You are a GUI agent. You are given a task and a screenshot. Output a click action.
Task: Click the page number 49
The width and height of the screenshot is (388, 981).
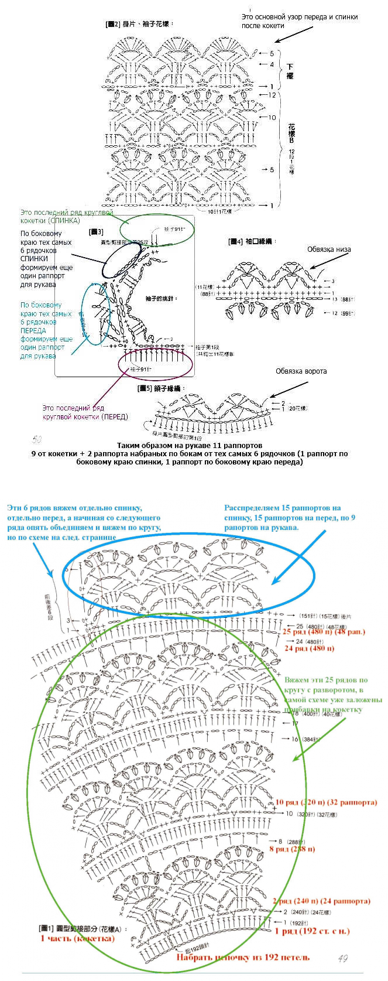pyautogui.click(x=342, y=958)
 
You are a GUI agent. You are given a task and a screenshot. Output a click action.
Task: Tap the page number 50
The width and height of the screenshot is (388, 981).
pyautogui.click(x=37, y=438)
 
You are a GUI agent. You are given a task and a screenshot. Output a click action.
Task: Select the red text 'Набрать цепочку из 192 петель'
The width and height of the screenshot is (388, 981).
pyautogui.click(x=243, y=957)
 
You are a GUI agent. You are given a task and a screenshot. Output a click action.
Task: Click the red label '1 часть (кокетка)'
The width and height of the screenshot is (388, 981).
pyautogui.click(x=77, y=938)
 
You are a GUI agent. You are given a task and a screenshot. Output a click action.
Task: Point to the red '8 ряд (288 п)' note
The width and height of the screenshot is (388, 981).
pyautogui.click(x=292, y=848)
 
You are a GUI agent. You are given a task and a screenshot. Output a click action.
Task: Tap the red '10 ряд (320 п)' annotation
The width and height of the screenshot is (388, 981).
pyautogui.click(x=326, y=802)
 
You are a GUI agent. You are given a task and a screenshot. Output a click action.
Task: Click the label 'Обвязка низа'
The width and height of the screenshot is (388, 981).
pyautogui.click(x=329, y=249)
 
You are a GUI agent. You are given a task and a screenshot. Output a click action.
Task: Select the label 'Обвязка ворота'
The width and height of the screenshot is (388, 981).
pyautogui.click(x=301, y=371)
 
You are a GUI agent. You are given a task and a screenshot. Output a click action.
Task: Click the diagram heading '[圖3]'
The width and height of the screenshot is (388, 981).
pyautogui.click(x=96, y=232)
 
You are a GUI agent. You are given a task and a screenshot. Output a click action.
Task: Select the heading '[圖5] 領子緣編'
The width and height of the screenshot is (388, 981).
pyautogui.click(x=161, y=388)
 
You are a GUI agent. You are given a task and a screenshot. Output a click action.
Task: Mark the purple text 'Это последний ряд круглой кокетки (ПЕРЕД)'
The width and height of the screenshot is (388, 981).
pyautogui.click(x=85, y=412)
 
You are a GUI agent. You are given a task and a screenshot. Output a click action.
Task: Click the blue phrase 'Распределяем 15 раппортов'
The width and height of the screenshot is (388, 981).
pyautogui.click(x=282, y=508)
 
